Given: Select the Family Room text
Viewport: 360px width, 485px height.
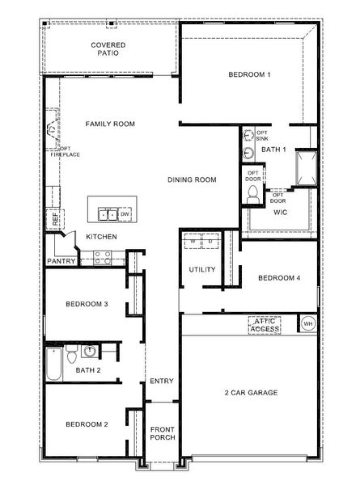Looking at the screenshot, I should point(110,124).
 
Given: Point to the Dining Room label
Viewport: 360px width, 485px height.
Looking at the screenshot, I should point(192,179).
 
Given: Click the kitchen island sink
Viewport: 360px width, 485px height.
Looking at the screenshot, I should point(108,213).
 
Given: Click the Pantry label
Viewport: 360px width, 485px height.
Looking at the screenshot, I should point(61,261).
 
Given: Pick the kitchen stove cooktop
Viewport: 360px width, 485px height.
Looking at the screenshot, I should point(102,258).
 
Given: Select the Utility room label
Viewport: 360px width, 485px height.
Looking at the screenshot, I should point(201,269).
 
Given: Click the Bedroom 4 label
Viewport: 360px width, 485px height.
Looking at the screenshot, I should point(279,279).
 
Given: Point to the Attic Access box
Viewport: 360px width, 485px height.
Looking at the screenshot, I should point(265,324).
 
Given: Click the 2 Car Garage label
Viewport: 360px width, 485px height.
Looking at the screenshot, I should point(251,393).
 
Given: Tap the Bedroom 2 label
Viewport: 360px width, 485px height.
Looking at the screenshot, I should point(87,424).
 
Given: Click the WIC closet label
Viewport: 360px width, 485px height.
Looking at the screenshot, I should point(281,213).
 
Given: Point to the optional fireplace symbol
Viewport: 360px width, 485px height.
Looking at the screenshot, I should point(53,130).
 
